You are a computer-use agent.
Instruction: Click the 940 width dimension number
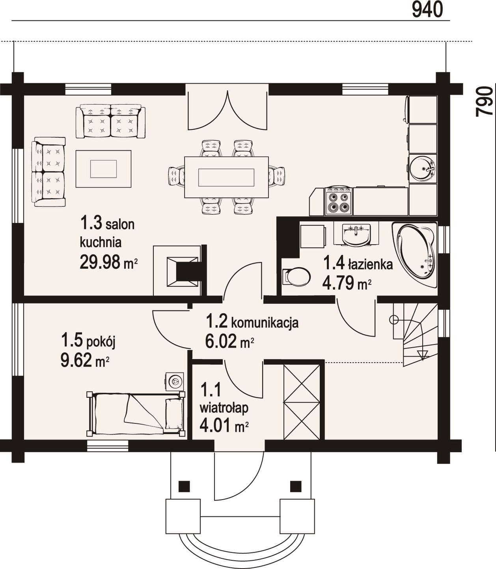coord(427,10)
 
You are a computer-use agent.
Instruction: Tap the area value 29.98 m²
coord(109,262)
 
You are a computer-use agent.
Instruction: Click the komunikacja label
coord(265,323)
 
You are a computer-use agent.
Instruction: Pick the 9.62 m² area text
coord(85,361)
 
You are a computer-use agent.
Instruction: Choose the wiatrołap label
coord(224,408)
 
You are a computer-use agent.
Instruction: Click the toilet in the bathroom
coord(296,277)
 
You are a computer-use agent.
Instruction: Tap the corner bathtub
coord(415,255)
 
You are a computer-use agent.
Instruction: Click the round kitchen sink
coord(422,168)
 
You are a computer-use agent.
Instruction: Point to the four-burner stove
coord(338,201)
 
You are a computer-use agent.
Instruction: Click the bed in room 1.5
coord(136,414)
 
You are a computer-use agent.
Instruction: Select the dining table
coord(226,177)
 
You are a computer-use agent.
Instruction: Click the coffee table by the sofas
coord(103,169)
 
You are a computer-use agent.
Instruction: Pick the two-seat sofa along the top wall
coord(111,121)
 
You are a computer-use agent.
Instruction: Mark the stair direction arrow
coord(422,355)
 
